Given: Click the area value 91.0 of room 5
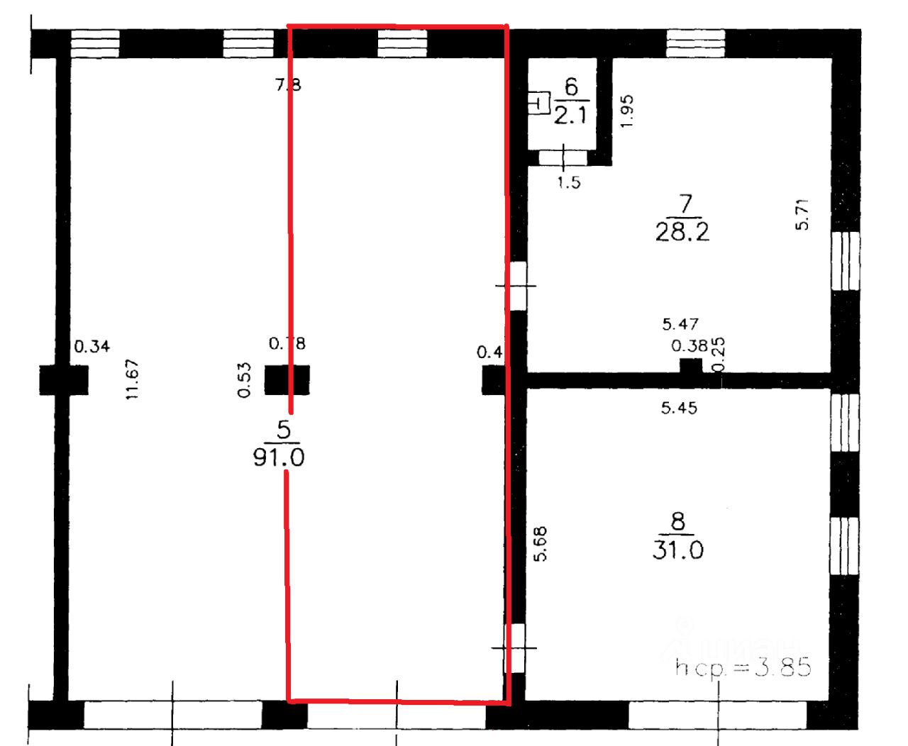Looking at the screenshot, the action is (279, 457).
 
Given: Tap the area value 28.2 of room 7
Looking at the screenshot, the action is (682, 232).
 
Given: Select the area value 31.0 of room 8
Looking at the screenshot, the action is (677, 550).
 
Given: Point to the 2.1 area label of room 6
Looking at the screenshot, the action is (570, 115).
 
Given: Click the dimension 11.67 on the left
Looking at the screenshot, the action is (132, 380).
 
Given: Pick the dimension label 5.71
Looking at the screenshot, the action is (802, 214).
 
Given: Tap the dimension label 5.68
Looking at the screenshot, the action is (541, 544).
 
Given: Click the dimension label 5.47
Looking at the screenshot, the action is (680, 324).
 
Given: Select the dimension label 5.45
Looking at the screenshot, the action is (679, 408).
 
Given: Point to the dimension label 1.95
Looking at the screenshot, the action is (627, 111).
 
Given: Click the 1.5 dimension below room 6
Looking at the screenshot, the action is (569, 183).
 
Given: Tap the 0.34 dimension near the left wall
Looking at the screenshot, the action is (92, 347).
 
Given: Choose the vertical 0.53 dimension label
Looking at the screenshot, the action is (245, 380).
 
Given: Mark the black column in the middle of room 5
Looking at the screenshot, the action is (287, 380).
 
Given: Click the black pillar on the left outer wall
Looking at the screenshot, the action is (64, 380).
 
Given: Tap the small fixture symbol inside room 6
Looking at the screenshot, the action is (540, 104).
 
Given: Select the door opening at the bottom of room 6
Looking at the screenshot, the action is (564, 157).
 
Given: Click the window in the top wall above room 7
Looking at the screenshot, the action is (696, 43).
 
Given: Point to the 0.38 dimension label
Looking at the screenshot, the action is (690, 346).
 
